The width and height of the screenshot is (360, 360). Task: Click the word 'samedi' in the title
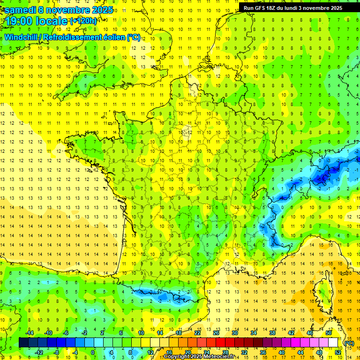tap(20, 10)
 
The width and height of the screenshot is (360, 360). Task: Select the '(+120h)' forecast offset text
tap(83, 21)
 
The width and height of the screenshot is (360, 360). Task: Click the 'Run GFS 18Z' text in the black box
tap(259, 8)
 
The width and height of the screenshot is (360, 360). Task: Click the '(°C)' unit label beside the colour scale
tap(349, 343)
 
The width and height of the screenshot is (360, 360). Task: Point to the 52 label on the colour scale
tap(337, 352)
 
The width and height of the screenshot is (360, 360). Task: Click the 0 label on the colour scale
tap(93, 352)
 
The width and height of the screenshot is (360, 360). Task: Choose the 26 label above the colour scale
tap(216, 333)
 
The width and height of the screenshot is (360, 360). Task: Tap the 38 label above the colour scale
tap(272, 333)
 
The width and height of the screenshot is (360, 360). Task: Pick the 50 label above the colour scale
tap(328, 333)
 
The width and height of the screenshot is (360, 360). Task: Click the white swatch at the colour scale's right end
tap(333, 343)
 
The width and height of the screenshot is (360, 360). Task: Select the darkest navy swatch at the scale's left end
tap(23, 343)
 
